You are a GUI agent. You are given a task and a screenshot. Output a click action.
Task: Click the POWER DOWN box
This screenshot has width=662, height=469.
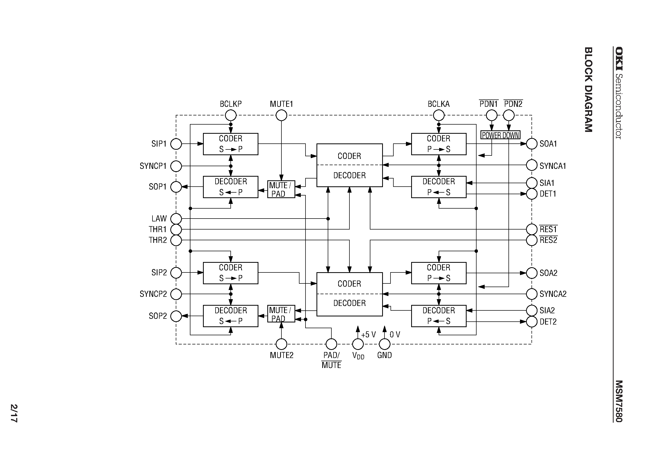(x=500, y=135)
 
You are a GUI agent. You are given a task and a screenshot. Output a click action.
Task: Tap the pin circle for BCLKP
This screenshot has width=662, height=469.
(x=231, y=115)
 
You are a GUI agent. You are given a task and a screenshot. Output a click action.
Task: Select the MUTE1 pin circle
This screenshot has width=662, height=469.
(x=281, y=115)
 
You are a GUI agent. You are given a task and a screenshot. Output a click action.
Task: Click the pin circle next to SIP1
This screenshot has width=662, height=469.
(x=176, y=144)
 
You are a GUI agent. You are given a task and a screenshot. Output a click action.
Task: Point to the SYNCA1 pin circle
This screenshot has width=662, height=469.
(x=531, y=165)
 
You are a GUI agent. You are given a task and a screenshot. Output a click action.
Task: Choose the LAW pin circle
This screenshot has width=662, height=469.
(x=176, y=219)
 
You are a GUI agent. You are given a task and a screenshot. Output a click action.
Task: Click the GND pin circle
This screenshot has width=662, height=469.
(x=384, y=344)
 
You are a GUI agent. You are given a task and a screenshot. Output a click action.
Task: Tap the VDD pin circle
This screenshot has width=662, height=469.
(x=358, y=344)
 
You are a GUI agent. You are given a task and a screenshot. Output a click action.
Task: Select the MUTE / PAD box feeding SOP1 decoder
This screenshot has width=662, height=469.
(x=281, y=189)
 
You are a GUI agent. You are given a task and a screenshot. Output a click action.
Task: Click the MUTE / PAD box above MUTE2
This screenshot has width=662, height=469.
(x=281, y=314)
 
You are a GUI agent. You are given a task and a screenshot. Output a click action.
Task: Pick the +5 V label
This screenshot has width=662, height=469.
(x=369, y=334)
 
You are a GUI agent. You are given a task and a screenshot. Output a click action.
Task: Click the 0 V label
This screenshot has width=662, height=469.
(x=395, y=334)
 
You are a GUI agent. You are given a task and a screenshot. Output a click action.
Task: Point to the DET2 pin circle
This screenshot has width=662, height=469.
(x=531, y=322)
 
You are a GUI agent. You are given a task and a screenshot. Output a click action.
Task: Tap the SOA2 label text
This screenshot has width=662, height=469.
(x=548, y=273)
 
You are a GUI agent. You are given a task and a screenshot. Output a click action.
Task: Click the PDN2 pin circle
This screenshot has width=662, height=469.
(x=509, y=115)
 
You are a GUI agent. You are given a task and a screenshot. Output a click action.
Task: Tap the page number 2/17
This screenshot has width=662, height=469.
(x=14, y=413)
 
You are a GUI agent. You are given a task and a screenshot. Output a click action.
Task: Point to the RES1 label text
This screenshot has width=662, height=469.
(x=548, y=229)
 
